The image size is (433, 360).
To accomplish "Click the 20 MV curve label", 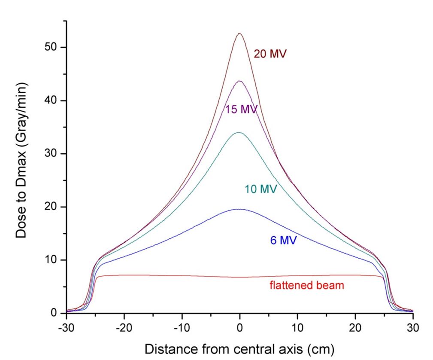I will tap(270, 55).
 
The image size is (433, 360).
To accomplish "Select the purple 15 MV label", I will tap(241, 110).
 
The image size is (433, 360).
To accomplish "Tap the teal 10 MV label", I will tap(261, 189).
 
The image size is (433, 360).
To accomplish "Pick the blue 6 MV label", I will tap(283, 240).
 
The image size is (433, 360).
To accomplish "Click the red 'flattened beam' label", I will tap(307, 285).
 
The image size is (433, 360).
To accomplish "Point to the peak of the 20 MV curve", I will tap(240, 34).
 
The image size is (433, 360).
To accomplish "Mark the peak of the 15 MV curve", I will tap(239, 81).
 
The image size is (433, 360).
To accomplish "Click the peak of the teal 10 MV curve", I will tap(239, 132).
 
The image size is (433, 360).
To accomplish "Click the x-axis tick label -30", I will tap(66, 327).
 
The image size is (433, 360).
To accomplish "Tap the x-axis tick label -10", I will tap(182, 327).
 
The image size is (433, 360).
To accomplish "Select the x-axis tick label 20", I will tap(355, 327).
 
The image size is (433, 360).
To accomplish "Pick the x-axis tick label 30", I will tap(413, 327).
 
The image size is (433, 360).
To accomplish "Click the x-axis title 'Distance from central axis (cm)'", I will tap(239, 348).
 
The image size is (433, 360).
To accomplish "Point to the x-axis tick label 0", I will tap(240, 327).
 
